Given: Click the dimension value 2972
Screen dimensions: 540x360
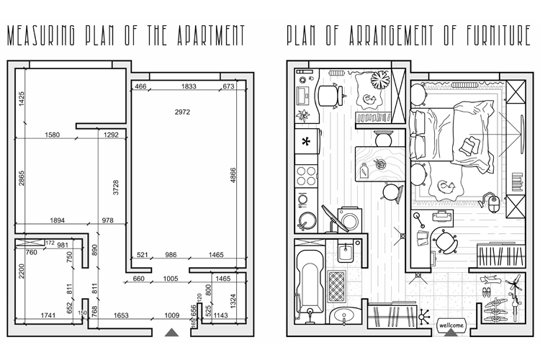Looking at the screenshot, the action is pos(182,112).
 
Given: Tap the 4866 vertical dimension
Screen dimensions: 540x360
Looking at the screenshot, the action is pos(233,175).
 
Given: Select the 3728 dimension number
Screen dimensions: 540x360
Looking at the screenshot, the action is pos(116,187).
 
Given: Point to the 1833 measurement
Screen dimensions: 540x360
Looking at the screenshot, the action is pos(189,86).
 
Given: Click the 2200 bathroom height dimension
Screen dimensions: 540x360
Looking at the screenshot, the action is pos(22,271).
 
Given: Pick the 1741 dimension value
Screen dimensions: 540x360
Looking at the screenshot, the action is pos(48,315).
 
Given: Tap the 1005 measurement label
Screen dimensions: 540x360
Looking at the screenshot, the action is pos(171,279).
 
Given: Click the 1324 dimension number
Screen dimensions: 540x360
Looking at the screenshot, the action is pos(233,301).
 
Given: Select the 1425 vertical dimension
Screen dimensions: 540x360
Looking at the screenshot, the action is pos(22,99).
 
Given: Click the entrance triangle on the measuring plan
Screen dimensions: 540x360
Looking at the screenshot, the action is pos(171,332).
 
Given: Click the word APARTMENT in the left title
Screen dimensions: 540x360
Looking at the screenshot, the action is pos(211,35).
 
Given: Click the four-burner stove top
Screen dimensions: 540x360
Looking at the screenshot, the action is pos(307,176).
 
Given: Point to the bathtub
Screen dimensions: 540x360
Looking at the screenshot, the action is pos(310,282).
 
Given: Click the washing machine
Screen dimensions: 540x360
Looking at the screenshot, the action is pos(348,219).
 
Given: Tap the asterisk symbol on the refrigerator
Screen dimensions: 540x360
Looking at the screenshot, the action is pos(306,141).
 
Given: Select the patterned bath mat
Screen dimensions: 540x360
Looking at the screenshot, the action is pos(336,286).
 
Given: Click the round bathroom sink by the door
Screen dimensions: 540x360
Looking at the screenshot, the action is pos(344,315).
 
